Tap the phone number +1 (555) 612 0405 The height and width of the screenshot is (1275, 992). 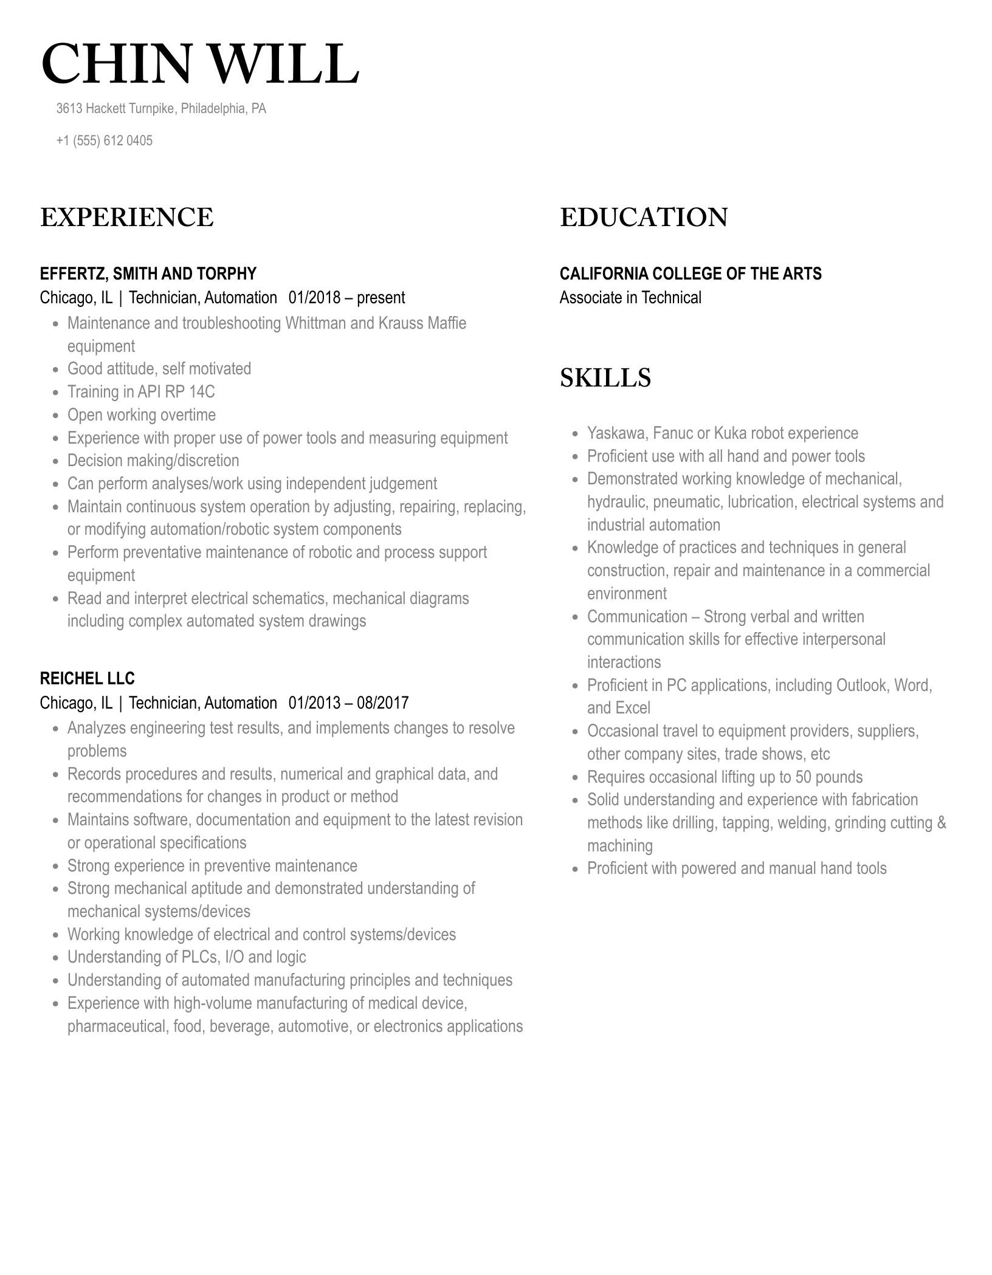coord(104,141)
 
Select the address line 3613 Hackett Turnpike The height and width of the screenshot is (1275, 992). coord(161,109)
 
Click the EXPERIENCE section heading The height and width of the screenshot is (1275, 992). coord(126,218)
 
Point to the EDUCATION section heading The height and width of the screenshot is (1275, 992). coord(643,218)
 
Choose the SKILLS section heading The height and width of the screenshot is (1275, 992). coord(605,378)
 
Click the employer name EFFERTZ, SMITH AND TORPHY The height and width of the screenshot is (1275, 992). coord(148,273)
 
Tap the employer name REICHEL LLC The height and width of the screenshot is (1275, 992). coord(87,678)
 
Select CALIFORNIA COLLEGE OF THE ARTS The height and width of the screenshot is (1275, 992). coord(690,273)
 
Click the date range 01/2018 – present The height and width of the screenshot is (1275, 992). coord(346,298)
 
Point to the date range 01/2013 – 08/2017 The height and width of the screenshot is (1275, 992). coord(348,703)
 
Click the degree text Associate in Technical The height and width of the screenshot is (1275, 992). coord(630,298)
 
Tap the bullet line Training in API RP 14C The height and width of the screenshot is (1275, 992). coord(141,392)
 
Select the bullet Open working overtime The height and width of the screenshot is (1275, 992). coord(142,415)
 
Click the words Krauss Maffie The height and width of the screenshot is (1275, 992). coord(422,323)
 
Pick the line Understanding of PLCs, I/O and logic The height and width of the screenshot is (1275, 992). coord(187,957)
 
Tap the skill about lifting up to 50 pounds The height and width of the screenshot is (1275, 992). coord(725,777)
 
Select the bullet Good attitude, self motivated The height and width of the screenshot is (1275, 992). coord(159,369)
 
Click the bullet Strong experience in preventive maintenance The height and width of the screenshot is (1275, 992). coord(212,866)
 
